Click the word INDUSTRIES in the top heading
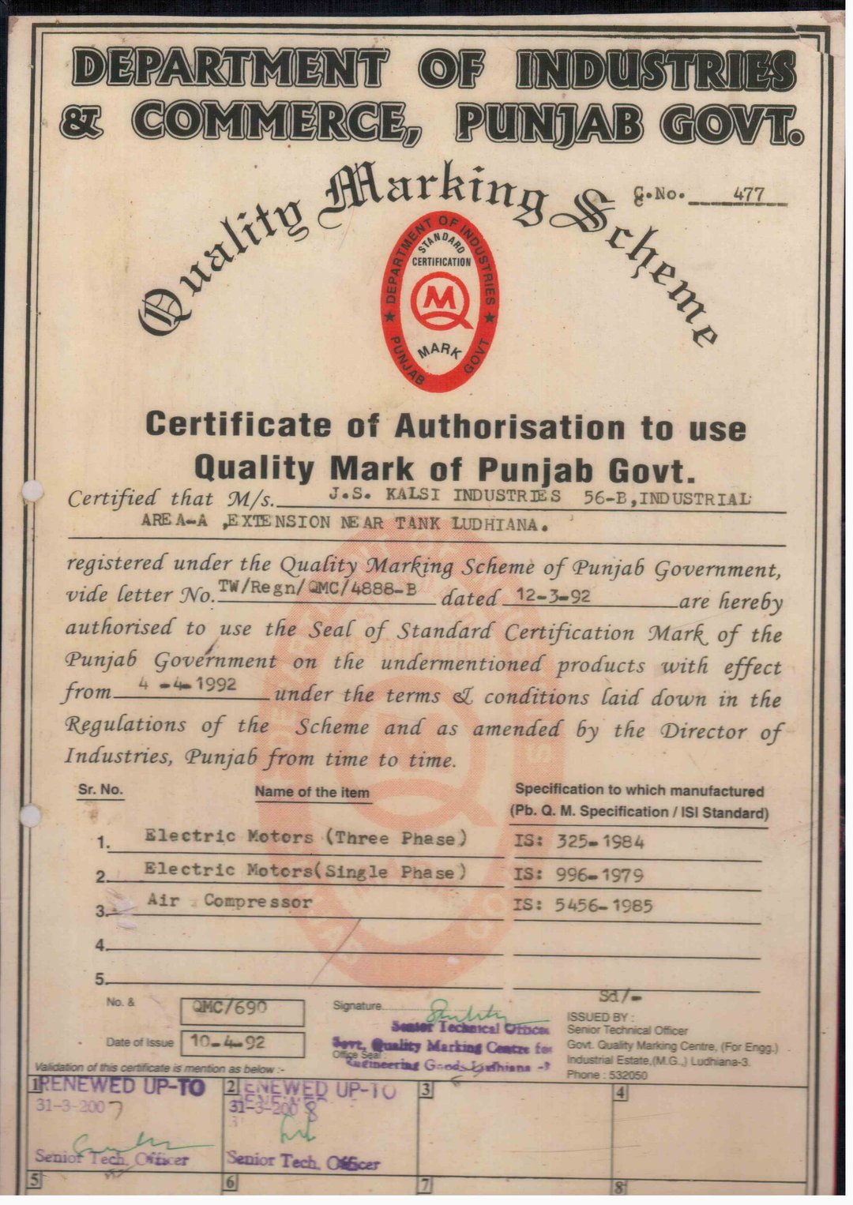pos(655,69)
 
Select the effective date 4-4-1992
pos(187,684)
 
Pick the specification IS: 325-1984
pos(579,842)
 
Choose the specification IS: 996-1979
pos(579,875)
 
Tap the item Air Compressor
pos(230,901)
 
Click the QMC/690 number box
pos(242,1008)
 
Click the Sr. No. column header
pos(100,790)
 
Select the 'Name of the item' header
pos(312,792)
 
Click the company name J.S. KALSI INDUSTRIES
pos(444,497)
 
